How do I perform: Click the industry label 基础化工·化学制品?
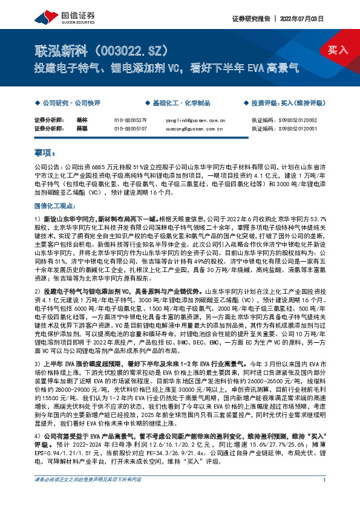[178, 103]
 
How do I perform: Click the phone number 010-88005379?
[131, 120]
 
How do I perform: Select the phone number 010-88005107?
[131, 128]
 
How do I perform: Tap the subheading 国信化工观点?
[54, 206]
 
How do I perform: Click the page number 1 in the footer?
[325, 497]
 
